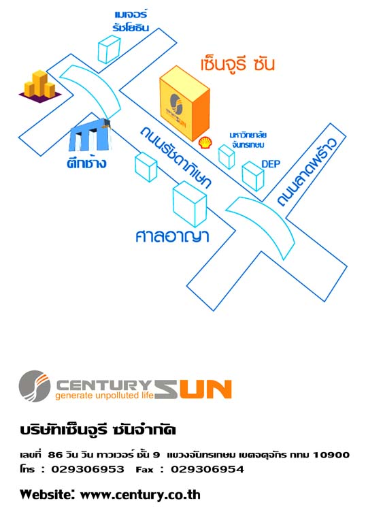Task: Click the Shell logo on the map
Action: pyautogui.click(x=205, y=143)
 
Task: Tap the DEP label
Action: pyautogui.click(x=271, y=164)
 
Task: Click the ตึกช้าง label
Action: pyautogui.click(x=86, y=162)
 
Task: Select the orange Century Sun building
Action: pyautogui.click(x=184, y=104)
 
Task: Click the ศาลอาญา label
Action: pyautogui.click(x=172, y=236)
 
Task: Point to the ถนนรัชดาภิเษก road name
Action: pyautogui.click(x=176, y=157)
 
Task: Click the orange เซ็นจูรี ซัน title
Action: pyautogui.click(x=237, y=63)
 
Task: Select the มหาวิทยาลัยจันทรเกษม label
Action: pyautogui.click(x=248, y=140)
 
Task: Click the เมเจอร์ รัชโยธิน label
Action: pyautogui.click(x=131, y=21)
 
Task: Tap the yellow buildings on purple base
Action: pyautogui.click(x=39, y=86)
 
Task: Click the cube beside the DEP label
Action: pyautogui.click(x=253, y=176)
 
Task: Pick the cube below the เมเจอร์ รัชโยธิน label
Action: pyautogui.click(x=109, y=49)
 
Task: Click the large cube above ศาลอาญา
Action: pyautogui.click(x=190, y=204)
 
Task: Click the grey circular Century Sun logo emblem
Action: pyautogui.click(x=35, y=386)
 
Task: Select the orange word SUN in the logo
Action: pyautogui.click(x=193, y=389)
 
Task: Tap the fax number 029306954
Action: pyautogui.click(x=207, y=469)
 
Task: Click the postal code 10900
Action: pyautogui.click(x=331, y=455)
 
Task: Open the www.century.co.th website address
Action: pyautogui.click(x=140, y=495)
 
